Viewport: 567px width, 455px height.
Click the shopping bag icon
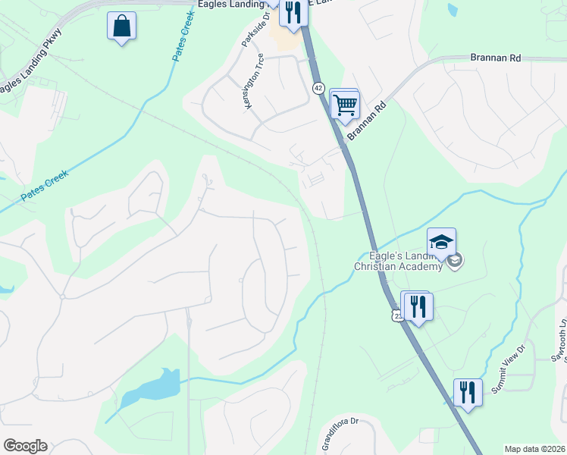click(121, 27)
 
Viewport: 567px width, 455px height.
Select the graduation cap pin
click(441, 242)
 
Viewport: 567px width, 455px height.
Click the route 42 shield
click(318, 88)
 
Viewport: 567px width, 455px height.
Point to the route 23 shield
click(396, 315)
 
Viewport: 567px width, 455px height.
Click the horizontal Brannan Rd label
click(496, 58)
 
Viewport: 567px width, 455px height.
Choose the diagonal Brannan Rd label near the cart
click(367, 121)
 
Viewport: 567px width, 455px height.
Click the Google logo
click(25, 446)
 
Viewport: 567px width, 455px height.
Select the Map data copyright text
click(534, 449)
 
